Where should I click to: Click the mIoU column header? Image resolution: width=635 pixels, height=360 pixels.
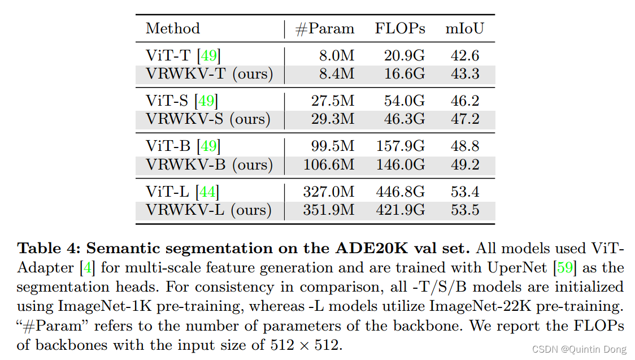[465, 29]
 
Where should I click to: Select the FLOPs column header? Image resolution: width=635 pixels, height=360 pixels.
[400, 29]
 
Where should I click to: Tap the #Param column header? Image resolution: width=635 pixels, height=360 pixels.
[325, 29]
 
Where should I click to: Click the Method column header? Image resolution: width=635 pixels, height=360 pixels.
[173, 29]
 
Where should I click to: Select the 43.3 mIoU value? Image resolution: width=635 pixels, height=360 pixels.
[465, 73]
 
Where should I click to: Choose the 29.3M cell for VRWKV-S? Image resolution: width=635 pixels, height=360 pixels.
[333, 119]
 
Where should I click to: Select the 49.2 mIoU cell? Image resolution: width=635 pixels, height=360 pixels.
[465, 164]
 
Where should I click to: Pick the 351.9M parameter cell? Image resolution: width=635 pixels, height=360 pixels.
[329, 210]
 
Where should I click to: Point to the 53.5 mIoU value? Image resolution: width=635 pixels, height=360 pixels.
[465, 210]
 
